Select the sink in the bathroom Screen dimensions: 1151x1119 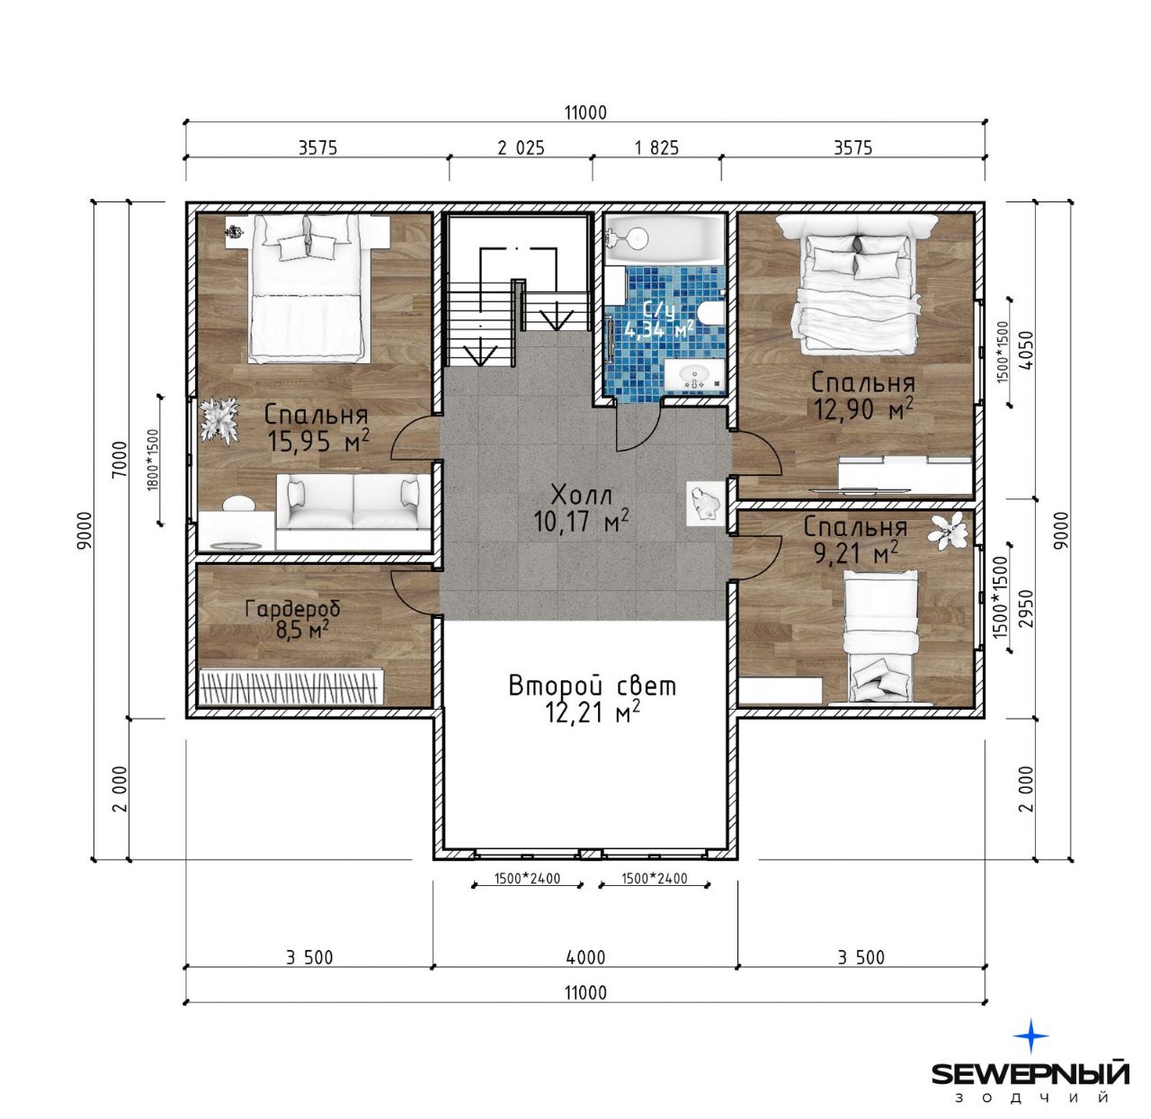[x=692, y=374]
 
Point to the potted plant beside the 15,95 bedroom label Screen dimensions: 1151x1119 [x=219, y=419]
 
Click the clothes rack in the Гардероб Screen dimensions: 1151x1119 [x=290, y=686]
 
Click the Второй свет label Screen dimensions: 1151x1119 [x=592, y=686]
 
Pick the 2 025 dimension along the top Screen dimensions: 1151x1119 [x=521, y=148]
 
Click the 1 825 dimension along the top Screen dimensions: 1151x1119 [x=656, y=148]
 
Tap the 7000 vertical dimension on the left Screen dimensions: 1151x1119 [x=120, y=459]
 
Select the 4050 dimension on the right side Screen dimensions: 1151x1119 [x=1027, y=349]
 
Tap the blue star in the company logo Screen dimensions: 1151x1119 [x=1031, y=1035]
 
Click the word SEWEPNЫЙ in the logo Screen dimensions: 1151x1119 [x=1031, y=1073]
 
